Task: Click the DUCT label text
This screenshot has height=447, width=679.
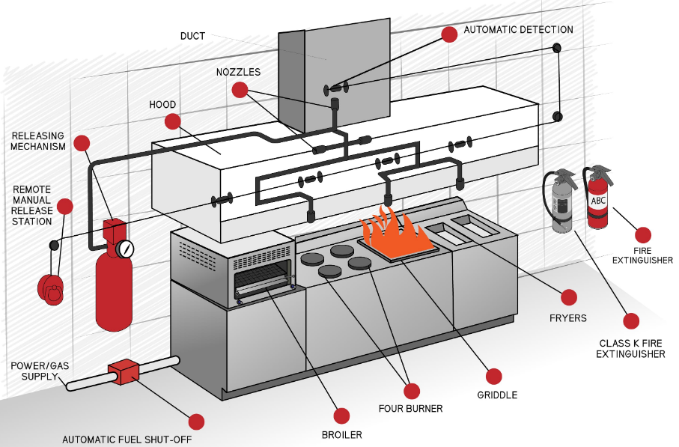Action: tap(192, 35)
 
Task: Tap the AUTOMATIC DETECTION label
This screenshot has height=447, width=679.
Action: tap(518, 30)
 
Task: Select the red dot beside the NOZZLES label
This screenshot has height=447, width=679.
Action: tap(240, 90)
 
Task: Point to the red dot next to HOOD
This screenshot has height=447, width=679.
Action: tap(173, 121)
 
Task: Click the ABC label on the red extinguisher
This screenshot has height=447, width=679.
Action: tap(598, 201)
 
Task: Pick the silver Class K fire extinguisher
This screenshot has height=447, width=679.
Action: tap(561, 204)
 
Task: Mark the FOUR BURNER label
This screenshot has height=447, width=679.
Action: tap(410, 409)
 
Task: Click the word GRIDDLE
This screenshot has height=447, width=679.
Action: tap(496, 395)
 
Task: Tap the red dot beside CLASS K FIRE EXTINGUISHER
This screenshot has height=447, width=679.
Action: tap(631, 321)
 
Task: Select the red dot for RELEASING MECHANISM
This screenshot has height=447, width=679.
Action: tap(82, 142)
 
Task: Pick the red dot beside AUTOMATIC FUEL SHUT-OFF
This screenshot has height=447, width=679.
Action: tap(196, 422)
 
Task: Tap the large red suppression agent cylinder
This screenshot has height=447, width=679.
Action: tap(113, 288)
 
